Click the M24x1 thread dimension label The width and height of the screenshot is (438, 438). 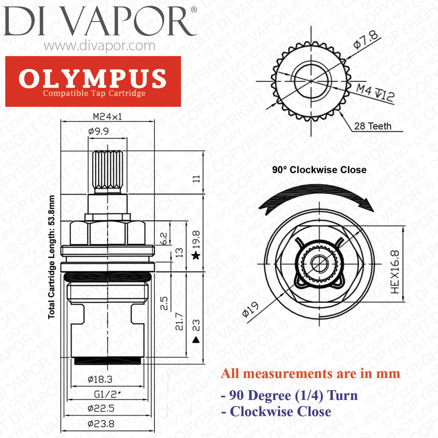pos(107,117)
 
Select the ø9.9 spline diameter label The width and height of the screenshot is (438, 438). pos(98,131)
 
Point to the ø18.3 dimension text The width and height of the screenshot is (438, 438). pos(100,379)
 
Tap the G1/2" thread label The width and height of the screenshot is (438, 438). pos(107,394)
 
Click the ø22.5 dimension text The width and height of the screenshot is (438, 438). pos(101,408)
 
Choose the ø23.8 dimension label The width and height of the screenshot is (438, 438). pos(101,423)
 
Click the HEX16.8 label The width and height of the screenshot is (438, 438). pos(395,272)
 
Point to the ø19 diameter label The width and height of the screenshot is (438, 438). pos(251,310)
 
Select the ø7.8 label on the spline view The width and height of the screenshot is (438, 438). pos(366,39)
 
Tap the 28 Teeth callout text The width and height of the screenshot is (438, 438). pos(373,126)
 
